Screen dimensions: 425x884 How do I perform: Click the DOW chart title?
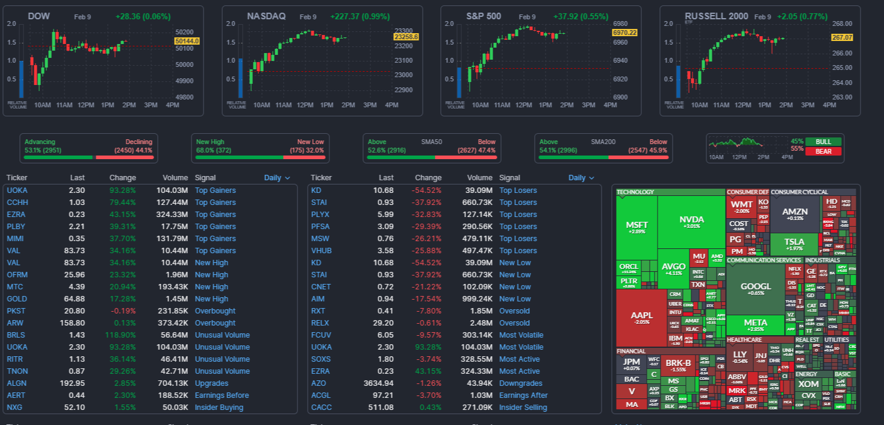(x=39, y=16)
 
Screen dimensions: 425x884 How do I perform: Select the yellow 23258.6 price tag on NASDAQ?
(x=406, y=37)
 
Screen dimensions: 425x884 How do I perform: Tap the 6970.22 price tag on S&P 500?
(x=624, y=32)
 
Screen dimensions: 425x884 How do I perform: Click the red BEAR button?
(x=824, y=151)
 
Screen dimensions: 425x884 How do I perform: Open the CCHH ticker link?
(x=17, y=203)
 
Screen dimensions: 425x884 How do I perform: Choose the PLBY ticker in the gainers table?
(x=16, y=227)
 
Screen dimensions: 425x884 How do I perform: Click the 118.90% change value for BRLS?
(x=122, y=335)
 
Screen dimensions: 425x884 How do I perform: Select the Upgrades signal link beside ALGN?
(x=211, y=383)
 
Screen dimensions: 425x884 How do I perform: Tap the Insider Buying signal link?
(x=219, y=408)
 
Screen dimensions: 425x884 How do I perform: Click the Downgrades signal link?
(x=520, y=383)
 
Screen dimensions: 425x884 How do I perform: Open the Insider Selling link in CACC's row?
(x=523, y=408)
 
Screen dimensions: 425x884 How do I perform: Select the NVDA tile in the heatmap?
(x=691, y=221)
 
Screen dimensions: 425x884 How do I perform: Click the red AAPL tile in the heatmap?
(x=641, y=317)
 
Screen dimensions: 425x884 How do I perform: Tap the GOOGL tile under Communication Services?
(x=755, y=288)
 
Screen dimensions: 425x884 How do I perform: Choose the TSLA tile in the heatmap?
(x=794, y=244)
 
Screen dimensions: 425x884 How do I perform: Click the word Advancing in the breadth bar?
(x=40, y=142)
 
